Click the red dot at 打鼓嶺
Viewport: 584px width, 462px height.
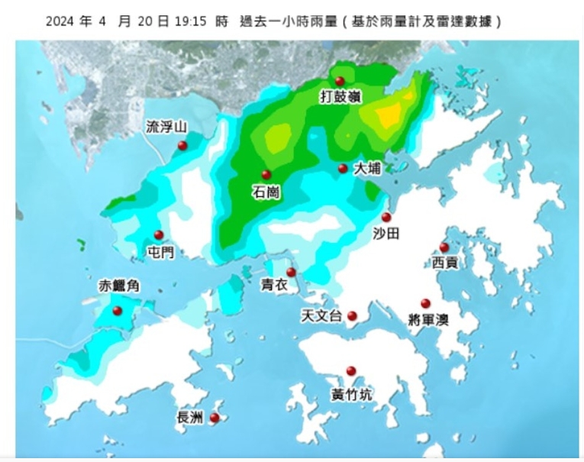tap(340, 81)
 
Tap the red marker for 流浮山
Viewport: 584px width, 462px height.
tap(182, 145)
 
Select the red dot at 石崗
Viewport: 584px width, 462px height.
tap(266, 175)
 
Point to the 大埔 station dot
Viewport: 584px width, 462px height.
tap(343, 169)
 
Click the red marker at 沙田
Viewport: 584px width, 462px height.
tap(386, 217)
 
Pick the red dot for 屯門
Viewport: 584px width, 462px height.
tap(159, 235)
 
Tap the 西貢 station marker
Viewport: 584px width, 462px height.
tap(444, 247)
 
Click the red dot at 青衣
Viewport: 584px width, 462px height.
tap(291, 273)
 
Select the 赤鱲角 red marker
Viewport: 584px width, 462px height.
tap(118, 311)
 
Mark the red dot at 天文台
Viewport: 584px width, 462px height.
tap(352, 315)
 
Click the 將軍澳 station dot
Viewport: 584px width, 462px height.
tap(425, 303)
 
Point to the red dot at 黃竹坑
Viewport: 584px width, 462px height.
tap(351, 371)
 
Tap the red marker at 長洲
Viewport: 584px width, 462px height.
tap(215, 418)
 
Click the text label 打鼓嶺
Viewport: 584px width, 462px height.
tap(340, 97)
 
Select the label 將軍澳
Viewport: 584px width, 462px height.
tap(428, 319)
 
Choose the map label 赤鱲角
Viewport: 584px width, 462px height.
tap(120, 286)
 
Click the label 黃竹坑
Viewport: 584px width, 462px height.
tap(352, 395)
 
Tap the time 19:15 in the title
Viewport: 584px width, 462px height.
tap(192, 21)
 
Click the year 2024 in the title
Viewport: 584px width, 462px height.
tap(61, 21)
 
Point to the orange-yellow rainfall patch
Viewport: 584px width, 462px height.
tap(389, 115)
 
